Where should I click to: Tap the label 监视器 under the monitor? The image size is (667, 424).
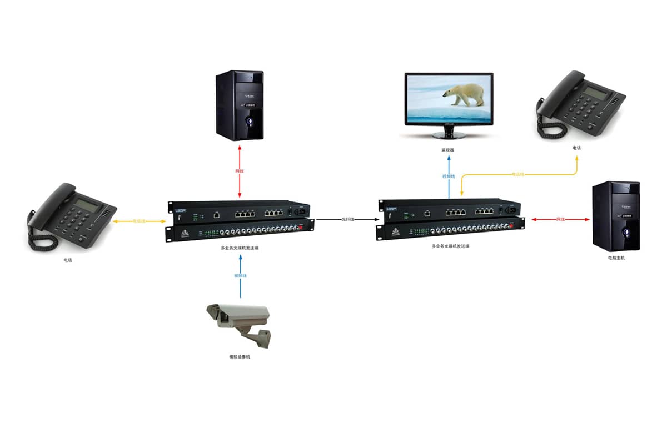point(448,150)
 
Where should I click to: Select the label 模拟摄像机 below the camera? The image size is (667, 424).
point(240,356)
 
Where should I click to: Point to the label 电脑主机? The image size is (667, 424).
point(616,258)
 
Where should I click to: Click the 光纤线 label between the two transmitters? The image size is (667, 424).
point(349,220)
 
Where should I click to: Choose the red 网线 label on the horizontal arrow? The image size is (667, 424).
point(561,220)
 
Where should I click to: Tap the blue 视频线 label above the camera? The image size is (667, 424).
point(240,276)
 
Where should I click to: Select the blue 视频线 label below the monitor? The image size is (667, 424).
point(449,176)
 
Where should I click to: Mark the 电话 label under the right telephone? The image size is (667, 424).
point(576,148)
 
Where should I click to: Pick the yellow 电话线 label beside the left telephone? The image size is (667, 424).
point(139,221)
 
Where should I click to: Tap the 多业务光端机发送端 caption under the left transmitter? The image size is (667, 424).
point(240,248)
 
